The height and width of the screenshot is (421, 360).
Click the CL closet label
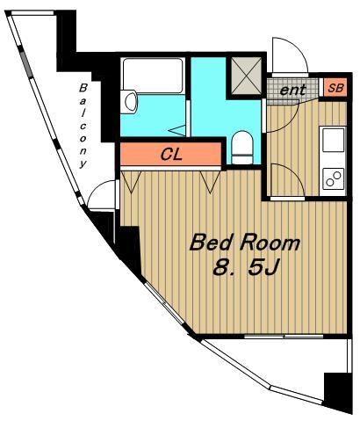(171, 154)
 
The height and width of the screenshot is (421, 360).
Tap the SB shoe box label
(335, 88)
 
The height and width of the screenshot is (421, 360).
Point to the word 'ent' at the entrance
(292, 90)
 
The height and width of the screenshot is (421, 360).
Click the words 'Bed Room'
(245, 243)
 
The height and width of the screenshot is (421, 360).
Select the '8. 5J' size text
(245, 268)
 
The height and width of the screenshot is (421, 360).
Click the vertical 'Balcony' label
(83, 126)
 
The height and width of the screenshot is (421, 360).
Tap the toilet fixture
(242, 147)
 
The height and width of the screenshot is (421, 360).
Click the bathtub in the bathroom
(153, 76)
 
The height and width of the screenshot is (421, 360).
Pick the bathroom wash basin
(129, 102)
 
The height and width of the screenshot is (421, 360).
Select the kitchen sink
(333, 140)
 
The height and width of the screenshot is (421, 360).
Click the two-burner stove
(333, 178)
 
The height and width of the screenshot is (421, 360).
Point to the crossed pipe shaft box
(246, 76)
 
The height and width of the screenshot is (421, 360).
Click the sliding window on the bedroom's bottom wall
(284, 337)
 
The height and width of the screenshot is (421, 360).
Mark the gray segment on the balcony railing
(26, 65)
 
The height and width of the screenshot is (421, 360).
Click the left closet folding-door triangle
(131, 182)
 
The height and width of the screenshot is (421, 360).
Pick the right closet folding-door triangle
(210, 182)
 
